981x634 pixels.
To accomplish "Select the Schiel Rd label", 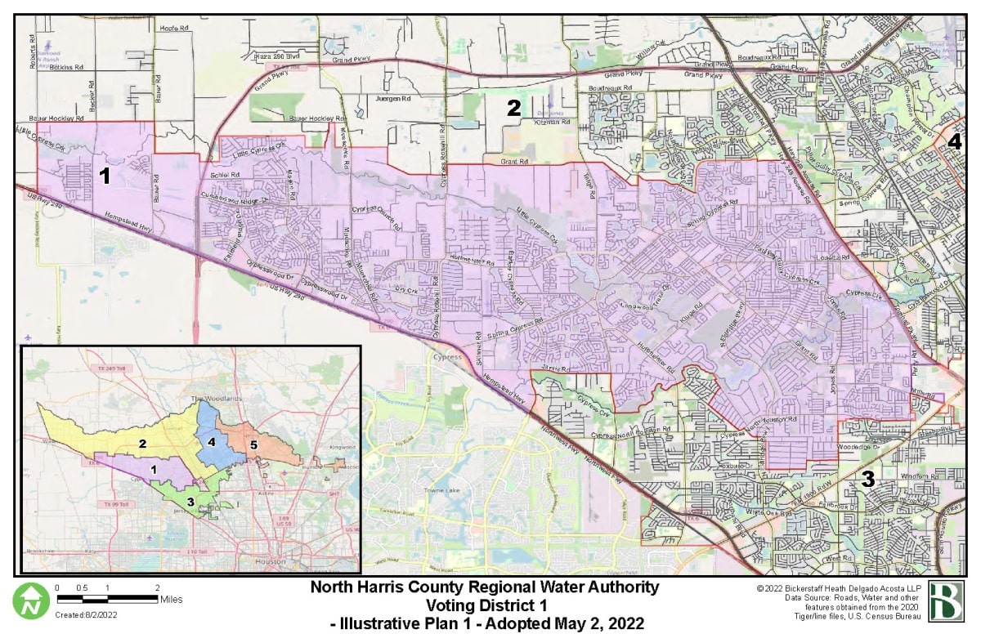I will (x=225, y=175).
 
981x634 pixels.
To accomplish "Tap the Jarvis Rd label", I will (x=553, y=368).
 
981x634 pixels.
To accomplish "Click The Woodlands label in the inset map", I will (x=208, y=399).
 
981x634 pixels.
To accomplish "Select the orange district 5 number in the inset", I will (x=253, y=445).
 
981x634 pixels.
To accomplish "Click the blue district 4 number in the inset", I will (x=212, y=441).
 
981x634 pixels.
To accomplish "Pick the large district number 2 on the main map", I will (x=513, y=107).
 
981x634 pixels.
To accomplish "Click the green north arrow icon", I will (x=31, y=600).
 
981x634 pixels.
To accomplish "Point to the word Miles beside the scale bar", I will (x=172, y=600).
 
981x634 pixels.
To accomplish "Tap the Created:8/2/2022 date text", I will (x=84, y=614).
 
